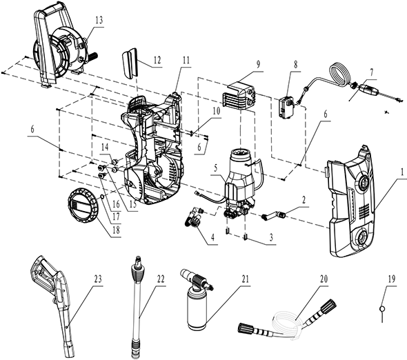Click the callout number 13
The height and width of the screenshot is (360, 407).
click(x=99, y=20)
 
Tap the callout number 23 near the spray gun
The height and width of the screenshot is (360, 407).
click(x=98, y=279)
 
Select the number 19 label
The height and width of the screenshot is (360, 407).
click(x=391, y=279)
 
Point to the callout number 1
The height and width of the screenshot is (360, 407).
click(x=402, y=172)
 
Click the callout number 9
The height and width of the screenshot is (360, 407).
click(x=258, y=65)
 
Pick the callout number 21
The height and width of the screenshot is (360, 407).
click(x=245, y=279)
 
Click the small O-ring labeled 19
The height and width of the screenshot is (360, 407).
click(x=382, y=309)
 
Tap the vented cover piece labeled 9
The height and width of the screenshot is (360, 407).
click(x=239, y=95)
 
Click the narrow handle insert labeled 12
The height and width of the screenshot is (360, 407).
click(x=129, y=63)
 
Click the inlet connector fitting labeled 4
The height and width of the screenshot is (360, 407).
click(x=194, y=217)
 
